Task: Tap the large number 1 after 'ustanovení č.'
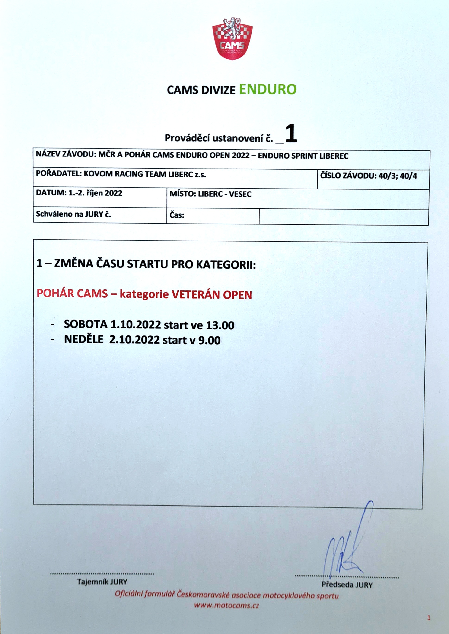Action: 291,133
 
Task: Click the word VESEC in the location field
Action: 240,194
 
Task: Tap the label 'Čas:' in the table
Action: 177,215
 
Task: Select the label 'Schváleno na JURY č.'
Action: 73,214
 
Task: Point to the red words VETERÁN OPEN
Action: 212,295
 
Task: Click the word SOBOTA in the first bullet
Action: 86,324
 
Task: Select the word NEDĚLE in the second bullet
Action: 83,339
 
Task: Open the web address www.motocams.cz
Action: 226,605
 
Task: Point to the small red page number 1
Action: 429,618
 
